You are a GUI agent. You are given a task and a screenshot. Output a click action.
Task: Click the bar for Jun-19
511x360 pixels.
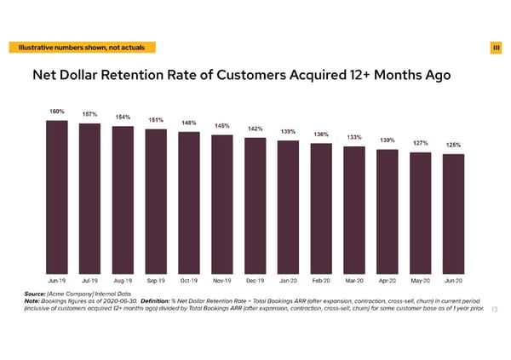coord(57,196)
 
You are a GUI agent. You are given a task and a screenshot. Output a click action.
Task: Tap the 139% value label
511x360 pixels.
coord(288,132)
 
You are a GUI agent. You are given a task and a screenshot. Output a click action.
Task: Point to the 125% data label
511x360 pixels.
coord(454,145)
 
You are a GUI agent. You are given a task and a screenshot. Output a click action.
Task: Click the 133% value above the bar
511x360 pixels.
coord(355,137)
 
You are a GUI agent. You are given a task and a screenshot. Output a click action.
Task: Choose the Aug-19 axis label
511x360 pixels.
coord(123,280)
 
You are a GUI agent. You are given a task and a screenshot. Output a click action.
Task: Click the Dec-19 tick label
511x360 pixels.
coord(255,280)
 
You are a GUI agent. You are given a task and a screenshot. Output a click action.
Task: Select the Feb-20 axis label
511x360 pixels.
coord(321,280)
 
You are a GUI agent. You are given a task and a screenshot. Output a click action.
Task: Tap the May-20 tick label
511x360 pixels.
coord(421,280)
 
